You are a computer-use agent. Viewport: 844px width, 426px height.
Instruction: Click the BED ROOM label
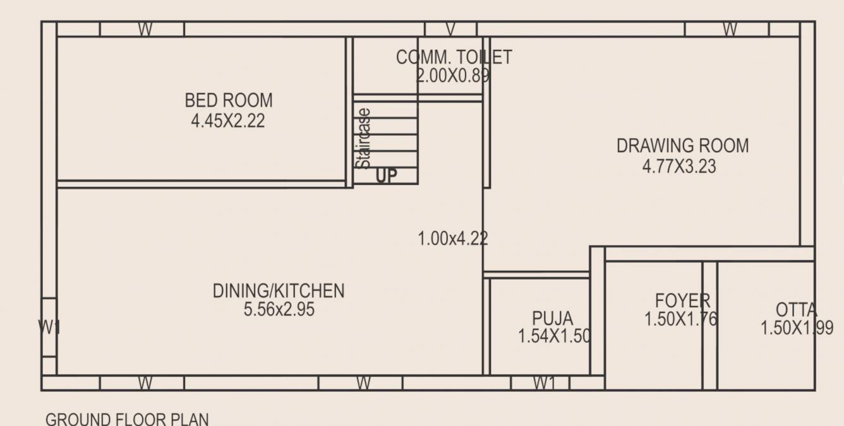pos(229,100)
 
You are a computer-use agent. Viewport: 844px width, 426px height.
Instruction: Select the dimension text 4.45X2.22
pos(228,121)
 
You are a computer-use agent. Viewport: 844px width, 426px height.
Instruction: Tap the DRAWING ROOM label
pos(682,146)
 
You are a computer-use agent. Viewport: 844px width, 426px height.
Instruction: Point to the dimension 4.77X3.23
pos(679,167)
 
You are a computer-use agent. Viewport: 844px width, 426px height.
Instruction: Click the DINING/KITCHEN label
pos(279,291)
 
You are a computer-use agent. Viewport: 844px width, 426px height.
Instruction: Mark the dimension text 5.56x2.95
pos(279,310)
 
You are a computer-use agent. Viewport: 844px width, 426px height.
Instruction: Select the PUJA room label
pos(553,317)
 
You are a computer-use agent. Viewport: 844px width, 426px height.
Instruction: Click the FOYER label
pos(682,300)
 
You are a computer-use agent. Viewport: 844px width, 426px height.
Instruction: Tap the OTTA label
pos(796,310)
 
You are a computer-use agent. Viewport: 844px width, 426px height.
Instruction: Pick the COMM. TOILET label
pos(454,57)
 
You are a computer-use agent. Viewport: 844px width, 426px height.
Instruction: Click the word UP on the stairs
pos(387,176)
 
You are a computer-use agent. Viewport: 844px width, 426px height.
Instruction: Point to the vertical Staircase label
pos(363,139)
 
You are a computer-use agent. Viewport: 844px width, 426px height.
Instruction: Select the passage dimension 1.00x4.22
pos(452,239)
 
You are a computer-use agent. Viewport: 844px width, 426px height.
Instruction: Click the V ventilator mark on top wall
pos(450,30)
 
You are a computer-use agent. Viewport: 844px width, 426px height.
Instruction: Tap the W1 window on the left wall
pos(49,327)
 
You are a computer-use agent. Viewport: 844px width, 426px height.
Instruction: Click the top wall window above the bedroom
pos(145,30)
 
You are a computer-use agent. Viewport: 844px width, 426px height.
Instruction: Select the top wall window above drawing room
pos(730,30)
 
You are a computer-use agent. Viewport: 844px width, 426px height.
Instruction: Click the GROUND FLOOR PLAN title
pos(127,419)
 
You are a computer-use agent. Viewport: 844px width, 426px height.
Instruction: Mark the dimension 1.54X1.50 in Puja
pos(554,336)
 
